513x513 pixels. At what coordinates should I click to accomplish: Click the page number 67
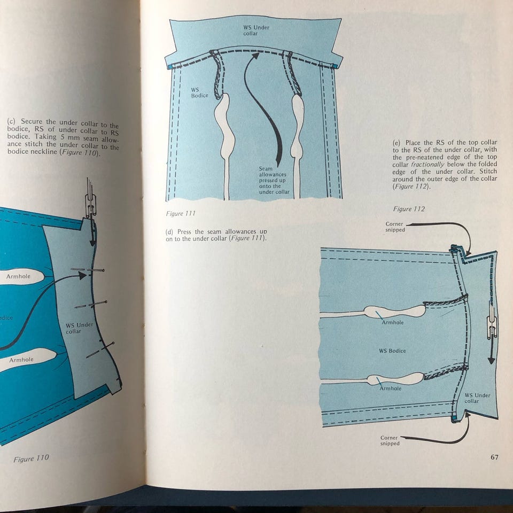pos(493,457)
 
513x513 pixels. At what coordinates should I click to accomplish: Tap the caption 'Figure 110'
pos(31,458)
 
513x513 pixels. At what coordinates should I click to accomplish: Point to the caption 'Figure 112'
pos(409,209)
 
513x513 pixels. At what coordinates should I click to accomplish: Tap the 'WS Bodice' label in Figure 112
pos(392,351)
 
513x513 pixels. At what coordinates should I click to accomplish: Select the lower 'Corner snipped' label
pos(390,440)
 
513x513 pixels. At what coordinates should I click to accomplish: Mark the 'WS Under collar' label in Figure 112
pos(477,398)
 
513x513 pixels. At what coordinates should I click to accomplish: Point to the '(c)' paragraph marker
pos(12,121)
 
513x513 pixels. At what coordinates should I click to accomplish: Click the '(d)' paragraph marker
pos(171,231)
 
